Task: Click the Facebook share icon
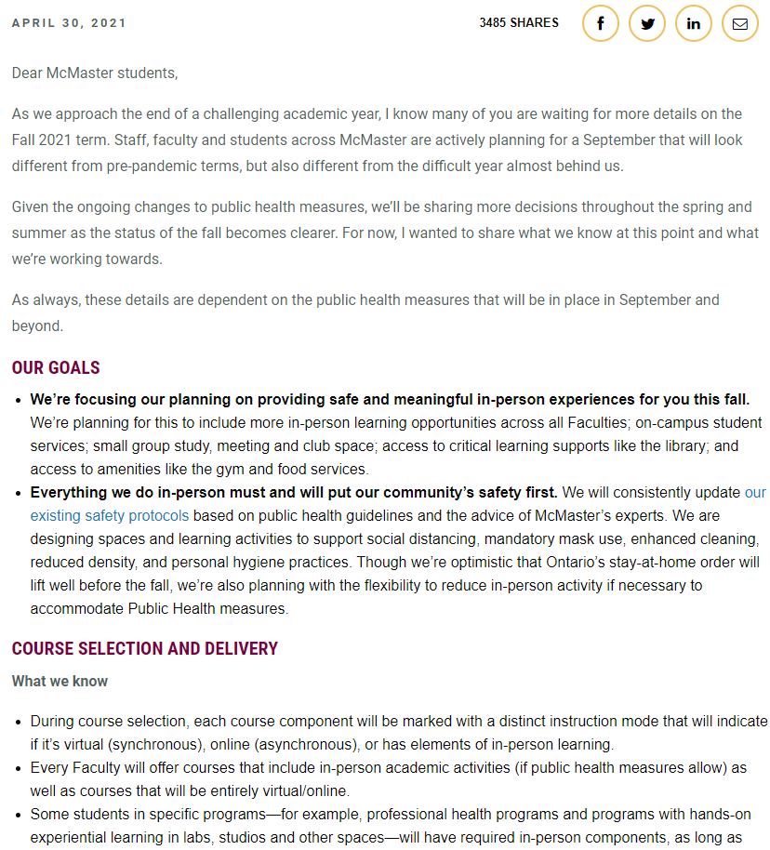(601, 23)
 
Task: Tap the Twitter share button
(647, 23)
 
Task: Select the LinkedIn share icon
(694, 23)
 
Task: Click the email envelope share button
(740, 23)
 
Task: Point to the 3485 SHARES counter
(519, 22)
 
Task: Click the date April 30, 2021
(69, 22)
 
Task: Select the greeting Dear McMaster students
(94, 73)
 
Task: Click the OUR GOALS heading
(56, 367)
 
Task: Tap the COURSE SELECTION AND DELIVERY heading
(145, 648)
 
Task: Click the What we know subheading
(60, 681)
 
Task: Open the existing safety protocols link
(110, 515)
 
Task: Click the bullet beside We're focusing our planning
(19, 401)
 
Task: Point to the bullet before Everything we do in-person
(19, 493)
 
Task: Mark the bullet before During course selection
(19, 722)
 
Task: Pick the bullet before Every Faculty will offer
(19, 768)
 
